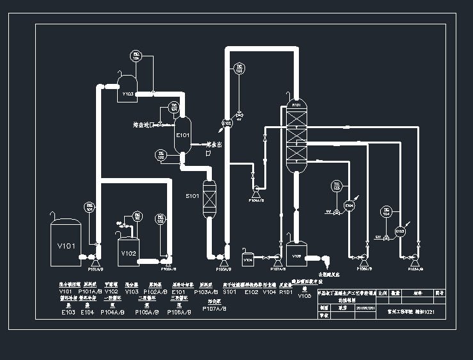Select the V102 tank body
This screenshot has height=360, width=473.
point(129,252)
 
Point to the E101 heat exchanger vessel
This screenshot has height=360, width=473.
point(183,135)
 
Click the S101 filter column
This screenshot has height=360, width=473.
point(209,199)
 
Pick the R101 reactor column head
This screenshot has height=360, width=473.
point(296,105)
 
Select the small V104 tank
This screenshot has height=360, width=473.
point(248,260)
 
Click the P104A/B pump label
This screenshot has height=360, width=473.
point(257,200)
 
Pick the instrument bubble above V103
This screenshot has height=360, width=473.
point(135,56)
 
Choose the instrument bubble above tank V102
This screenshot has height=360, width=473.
point(136,215)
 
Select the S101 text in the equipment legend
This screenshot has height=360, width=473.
point(230,291)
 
